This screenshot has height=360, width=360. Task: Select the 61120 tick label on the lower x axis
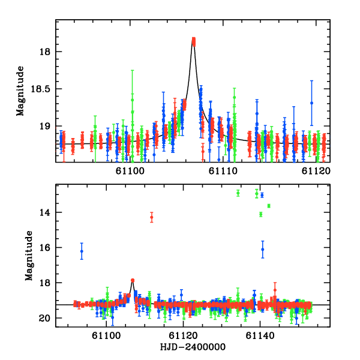184,337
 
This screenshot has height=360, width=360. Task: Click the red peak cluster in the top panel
193,41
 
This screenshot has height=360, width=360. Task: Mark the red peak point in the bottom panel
133,280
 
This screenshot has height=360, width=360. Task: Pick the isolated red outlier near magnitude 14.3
152,217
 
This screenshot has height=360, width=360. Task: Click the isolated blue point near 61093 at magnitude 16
82,251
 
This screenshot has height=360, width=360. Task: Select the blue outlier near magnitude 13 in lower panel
262,195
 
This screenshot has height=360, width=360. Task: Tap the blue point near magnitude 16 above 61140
262,249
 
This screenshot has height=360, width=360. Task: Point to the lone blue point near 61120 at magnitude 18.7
311,103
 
